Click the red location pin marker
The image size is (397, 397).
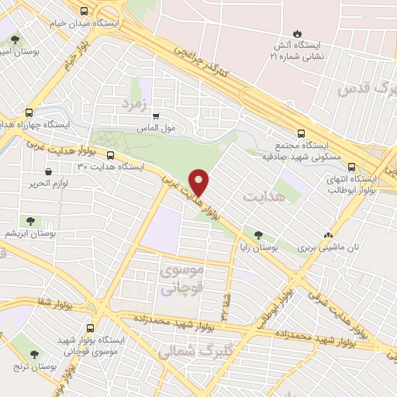pyautogui.click(x=200, y=181)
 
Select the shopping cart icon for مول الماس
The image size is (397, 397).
pyautogui.click(x=156, y=116)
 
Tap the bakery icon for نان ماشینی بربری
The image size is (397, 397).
pyautogui.click(x=330, y=234)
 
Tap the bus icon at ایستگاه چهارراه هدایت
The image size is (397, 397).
pyautogui.click(x=29, y=112)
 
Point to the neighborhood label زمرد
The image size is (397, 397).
pyautogui.click(x=133, y=102)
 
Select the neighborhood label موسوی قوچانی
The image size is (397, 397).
pyautogui.click(x=182, y=279)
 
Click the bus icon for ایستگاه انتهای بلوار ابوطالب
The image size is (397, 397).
pyautogui.click(x=353, y=166)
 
